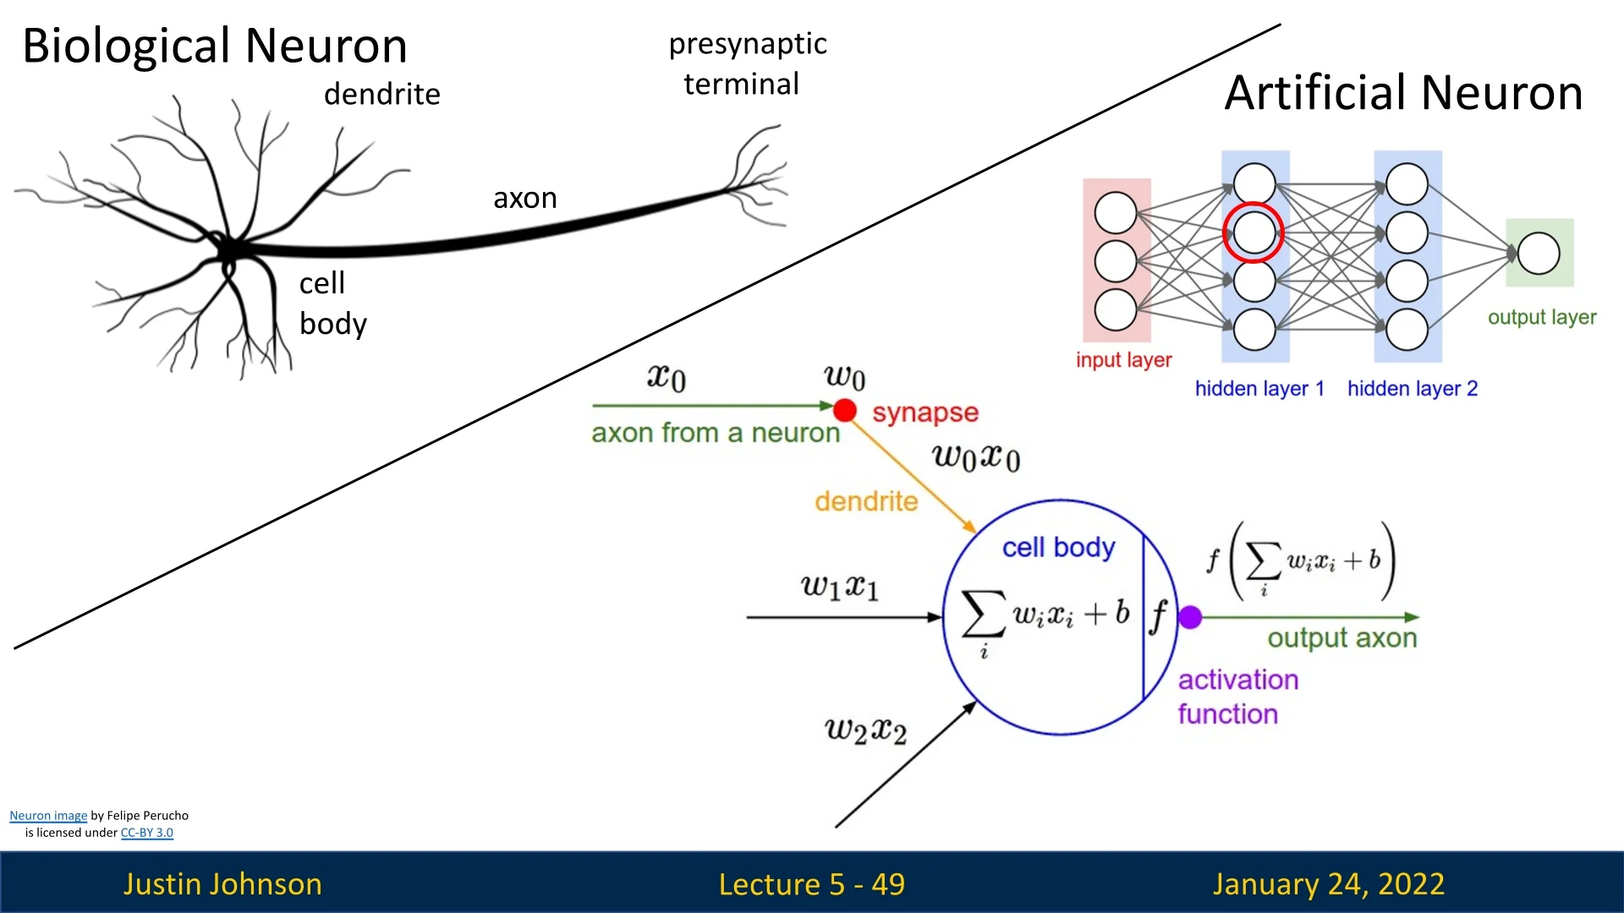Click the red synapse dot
tap(844, 411)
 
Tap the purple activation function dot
tap(1190, 618)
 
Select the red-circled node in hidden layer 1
tap(1254, 232)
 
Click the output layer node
tap(1539, 254)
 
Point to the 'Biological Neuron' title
tap(215, 46)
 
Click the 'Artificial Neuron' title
tap(1403, 92)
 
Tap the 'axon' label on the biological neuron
tap(525, 198)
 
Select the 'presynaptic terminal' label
tap(747, 63)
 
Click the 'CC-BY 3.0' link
tap(146, 833)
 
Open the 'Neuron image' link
tap(48, 816)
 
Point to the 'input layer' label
tap(1123, 360)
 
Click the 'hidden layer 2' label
tap(1412, 389)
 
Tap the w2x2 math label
tap(865, 730)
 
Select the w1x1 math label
tap(840, 586)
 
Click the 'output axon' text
tap(1341, 638)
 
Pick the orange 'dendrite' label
tap(866, 501)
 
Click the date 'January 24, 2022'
tap(1328, 884)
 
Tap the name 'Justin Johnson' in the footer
tap(222, 884)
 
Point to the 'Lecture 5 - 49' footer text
tap(811, 884)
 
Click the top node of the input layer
tap(1116, 213)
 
